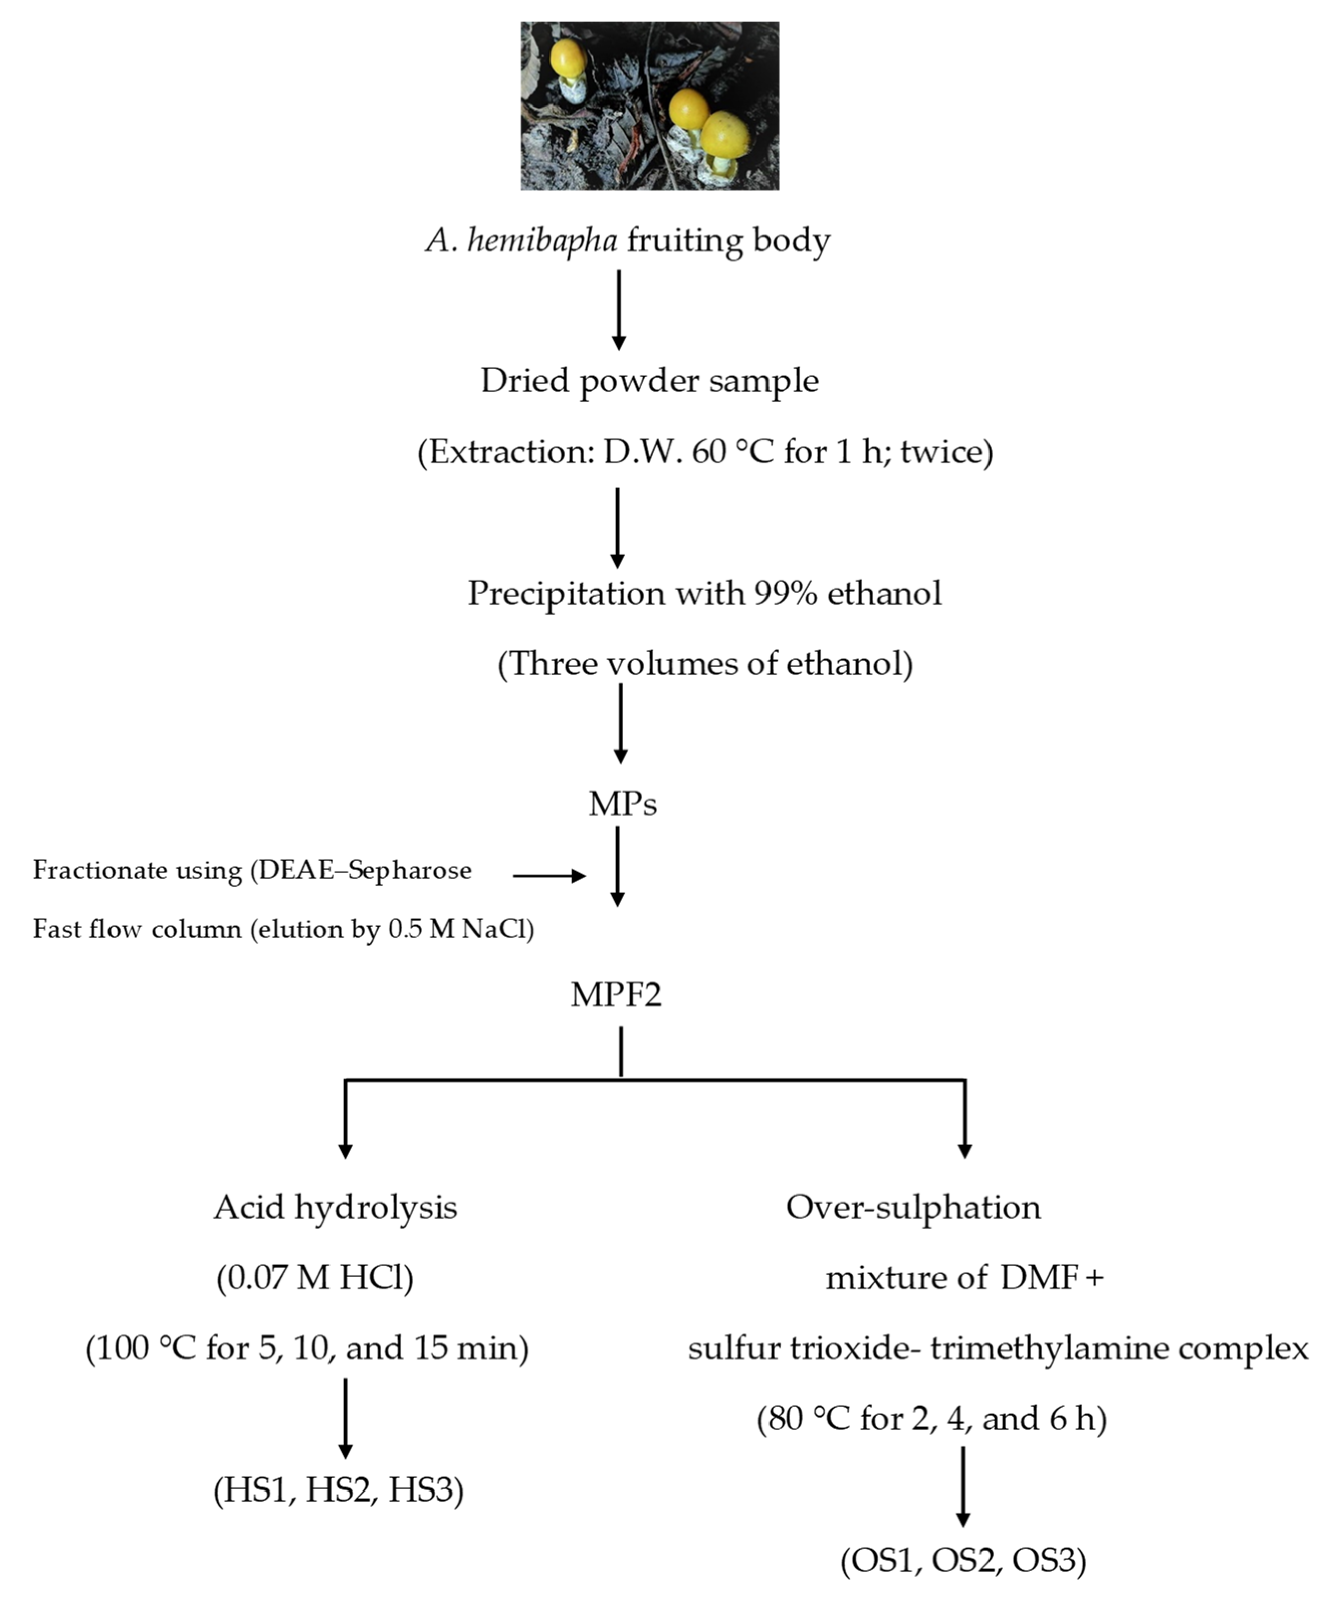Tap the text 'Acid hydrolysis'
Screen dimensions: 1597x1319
(x=335, y=1207)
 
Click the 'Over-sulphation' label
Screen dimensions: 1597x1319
(x=913, y=1207)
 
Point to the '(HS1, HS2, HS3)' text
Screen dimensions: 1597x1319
(x=338, y=1490)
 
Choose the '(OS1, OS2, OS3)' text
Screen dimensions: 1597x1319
(x=963, y=1560)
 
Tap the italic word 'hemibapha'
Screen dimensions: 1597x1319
(x=542, y=241)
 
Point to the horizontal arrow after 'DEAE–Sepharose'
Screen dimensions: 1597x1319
(x=548, y=876)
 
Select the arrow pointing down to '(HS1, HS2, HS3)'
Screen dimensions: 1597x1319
(x=345, y=1419)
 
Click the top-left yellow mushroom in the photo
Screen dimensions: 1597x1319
(x=567, y=58)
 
